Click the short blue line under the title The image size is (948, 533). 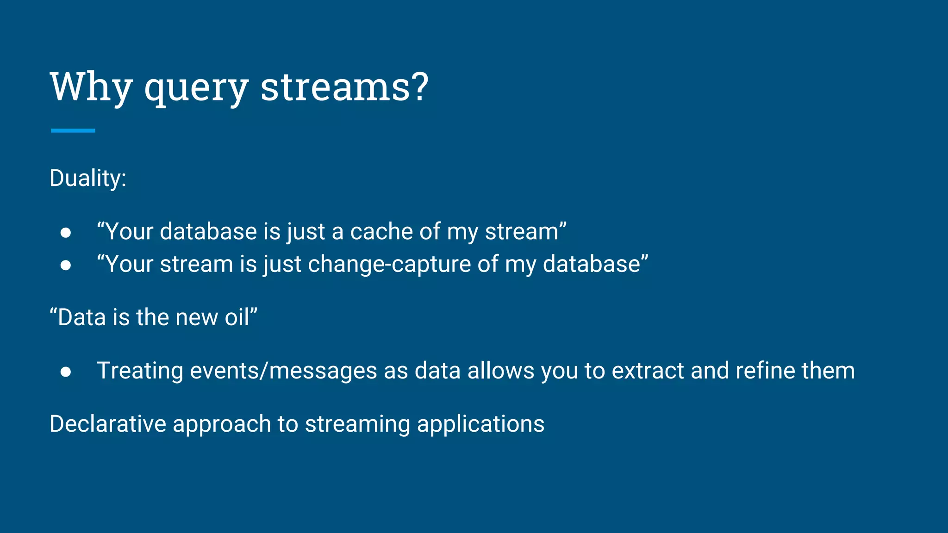pyautogui.click(x=73, y=131)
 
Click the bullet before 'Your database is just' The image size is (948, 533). pyautogui.click(x=66, y=232)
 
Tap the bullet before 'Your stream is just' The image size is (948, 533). pyautogui.click(x=66, y=265)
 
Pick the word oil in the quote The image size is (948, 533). pyautogui.click(x=237, y=317)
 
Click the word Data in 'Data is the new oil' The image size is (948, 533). pyautogui.click(x=81, y=317)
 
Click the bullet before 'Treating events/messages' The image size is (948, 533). pyautogui.click(x=66, y=372)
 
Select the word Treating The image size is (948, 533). pyautogui.click(x=140, y=371)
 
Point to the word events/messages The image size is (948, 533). pyautogui.click(x=283, y=371)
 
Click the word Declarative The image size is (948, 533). pyautogui.click(x=108, y=424)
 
